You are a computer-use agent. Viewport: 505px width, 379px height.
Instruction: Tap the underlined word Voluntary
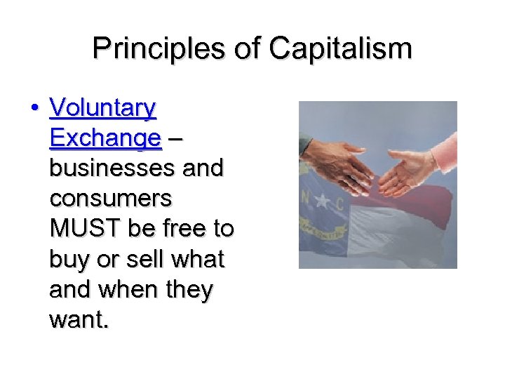(x=103, y=109)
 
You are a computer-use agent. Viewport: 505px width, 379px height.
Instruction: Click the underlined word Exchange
(x=105, y=139)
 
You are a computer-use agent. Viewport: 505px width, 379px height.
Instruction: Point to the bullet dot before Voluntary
(x=34, y=109)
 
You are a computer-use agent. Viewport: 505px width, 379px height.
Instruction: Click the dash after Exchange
(x=175, y=139)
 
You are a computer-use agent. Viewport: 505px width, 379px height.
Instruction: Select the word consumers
(x=110, y=199)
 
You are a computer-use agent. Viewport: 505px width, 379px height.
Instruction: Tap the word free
(x=184, y=230)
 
